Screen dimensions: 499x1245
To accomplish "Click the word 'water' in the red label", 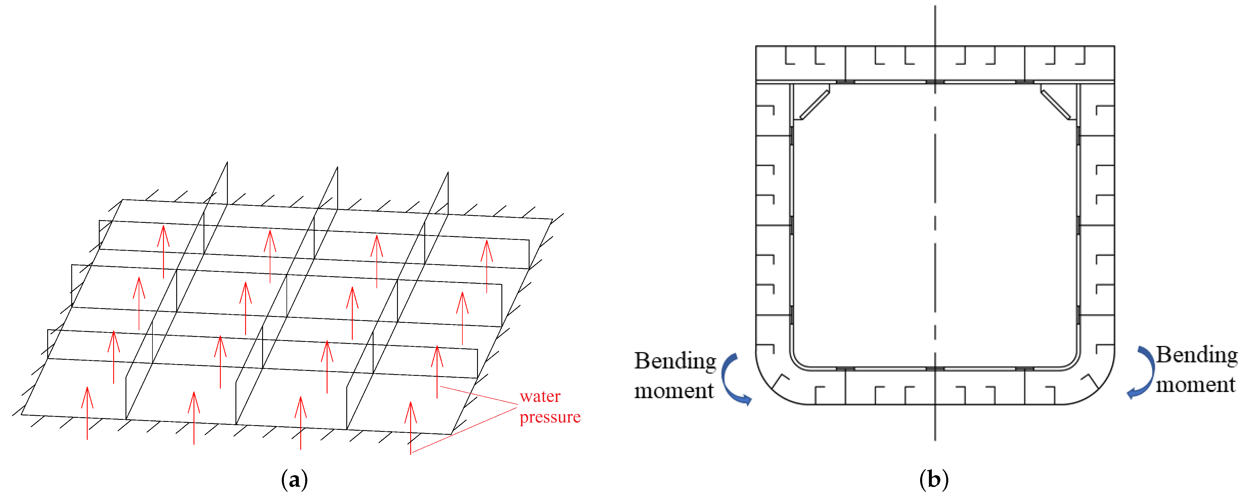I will pyautogui.click(x=540, y=397).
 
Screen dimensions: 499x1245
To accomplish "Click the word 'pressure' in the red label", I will pyautogui.click(x=550, y=417).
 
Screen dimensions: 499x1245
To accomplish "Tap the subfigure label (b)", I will pyautogui.click(x=934, y=480).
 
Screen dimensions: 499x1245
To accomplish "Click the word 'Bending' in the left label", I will pyautogui.click(x=675, y=361).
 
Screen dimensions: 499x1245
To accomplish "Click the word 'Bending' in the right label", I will pyautogui.click(x=1197, y=355).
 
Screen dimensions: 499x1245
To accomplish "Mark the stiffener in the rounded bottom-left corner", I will pyautogui.click(x=780, y=380).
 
